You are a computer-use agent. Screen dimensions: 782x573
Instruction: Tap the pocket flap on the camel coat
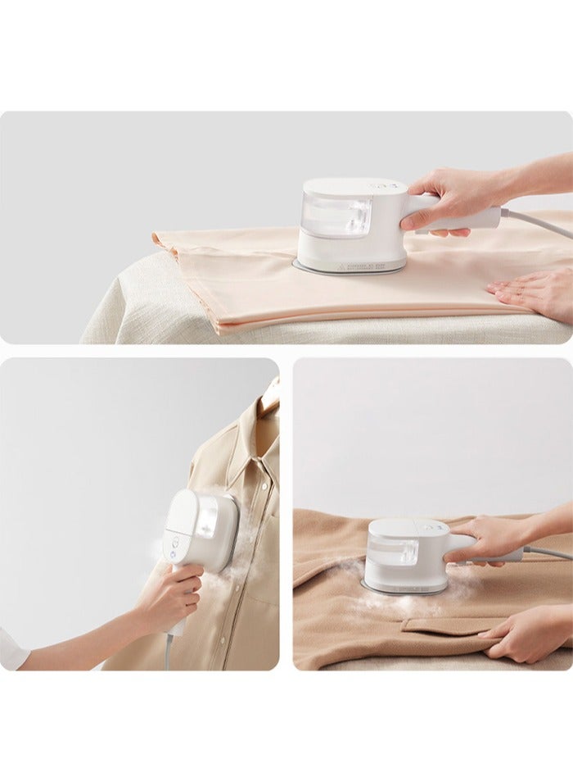(x=442, y=627)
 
